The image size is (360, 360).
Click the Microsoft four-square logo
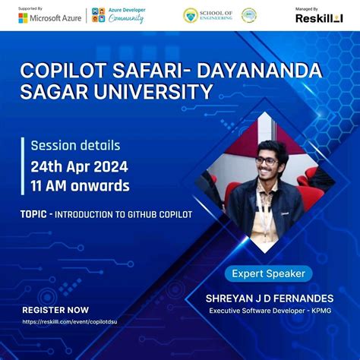(x=24, y=17)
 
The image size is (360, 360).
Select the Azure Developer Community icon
(x=98, y=16)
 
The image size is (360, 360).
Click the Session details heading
(x=75, y=145)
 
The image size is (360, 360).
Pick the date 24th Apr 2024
(x=79, y=166)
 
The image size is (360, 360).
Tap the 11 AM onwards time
(x=80, y=185)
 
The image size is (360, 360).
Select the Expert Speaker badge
(x=268, y=273)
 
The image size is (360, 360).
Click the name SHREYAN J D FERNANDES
(x=270, y=298)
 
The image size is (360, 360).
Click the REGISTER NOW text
(x=55, y=310)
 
